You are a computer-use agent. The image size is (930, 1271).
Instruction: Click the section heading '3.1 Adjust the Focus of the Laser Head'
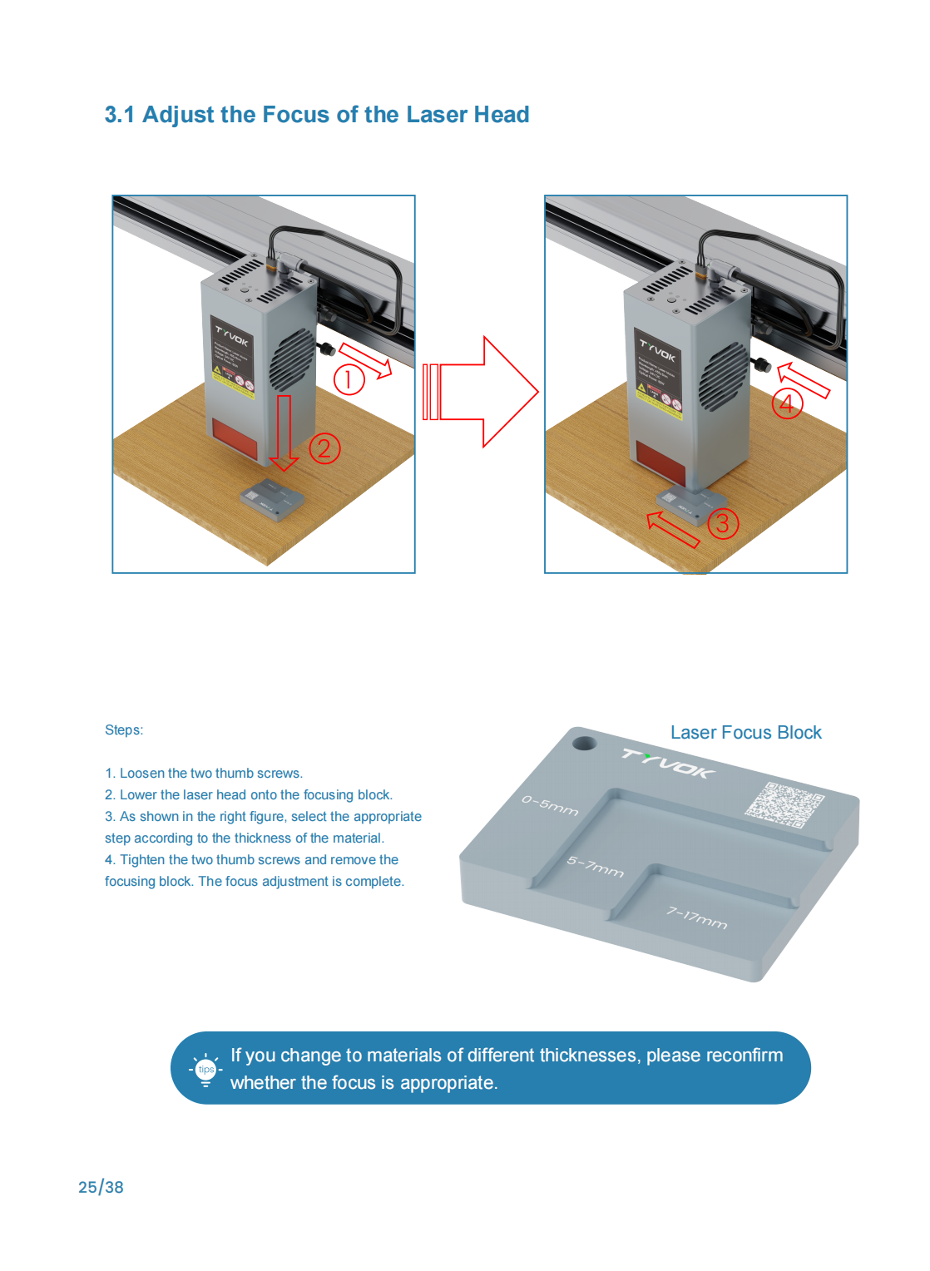point(317,115)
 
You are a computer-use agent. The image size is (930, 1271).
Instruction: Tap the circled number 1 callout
point(349,379)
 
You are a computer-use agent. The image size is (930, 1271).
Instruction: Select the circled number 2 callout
point(324,448)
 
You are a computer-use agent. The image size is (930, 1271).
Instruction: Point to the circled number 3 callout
point(723,523)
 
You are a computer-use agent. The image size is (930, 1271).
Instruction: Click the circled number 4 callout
point(787,403)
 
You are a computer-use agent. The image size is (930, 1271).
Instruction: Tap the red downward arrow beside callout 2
point(284,433)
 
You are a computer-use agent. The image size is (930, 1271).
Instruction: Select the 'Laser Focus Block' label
point(745,733)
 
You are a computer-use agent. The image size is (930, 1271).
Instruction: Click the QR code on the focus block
point(784,804)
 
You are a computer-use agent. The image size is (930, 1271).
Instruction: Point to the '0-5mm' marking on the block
point(550,805)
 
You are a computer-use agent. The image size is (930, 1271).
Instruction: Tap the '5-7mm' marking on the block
point(596,867)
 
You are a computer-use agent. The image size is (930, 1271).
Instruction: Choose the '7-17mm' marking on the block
point(697,917)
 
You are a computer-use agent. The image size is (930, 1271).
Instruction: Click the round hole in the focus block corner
point(584,742)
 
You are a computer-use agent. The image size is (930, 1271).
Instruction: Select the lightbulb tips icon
point(205,1070)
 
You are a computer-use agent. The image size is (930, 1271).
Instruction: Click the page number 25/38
point(101,1187)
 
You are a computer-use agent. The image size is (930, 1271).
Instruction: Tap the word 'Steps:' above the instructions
point(124,730)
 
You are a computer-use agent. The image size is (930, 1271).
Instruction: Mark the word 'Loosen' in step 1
point(142,774)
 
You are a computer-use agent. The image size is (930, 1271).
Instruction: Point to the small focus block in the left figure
point(272,499)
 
